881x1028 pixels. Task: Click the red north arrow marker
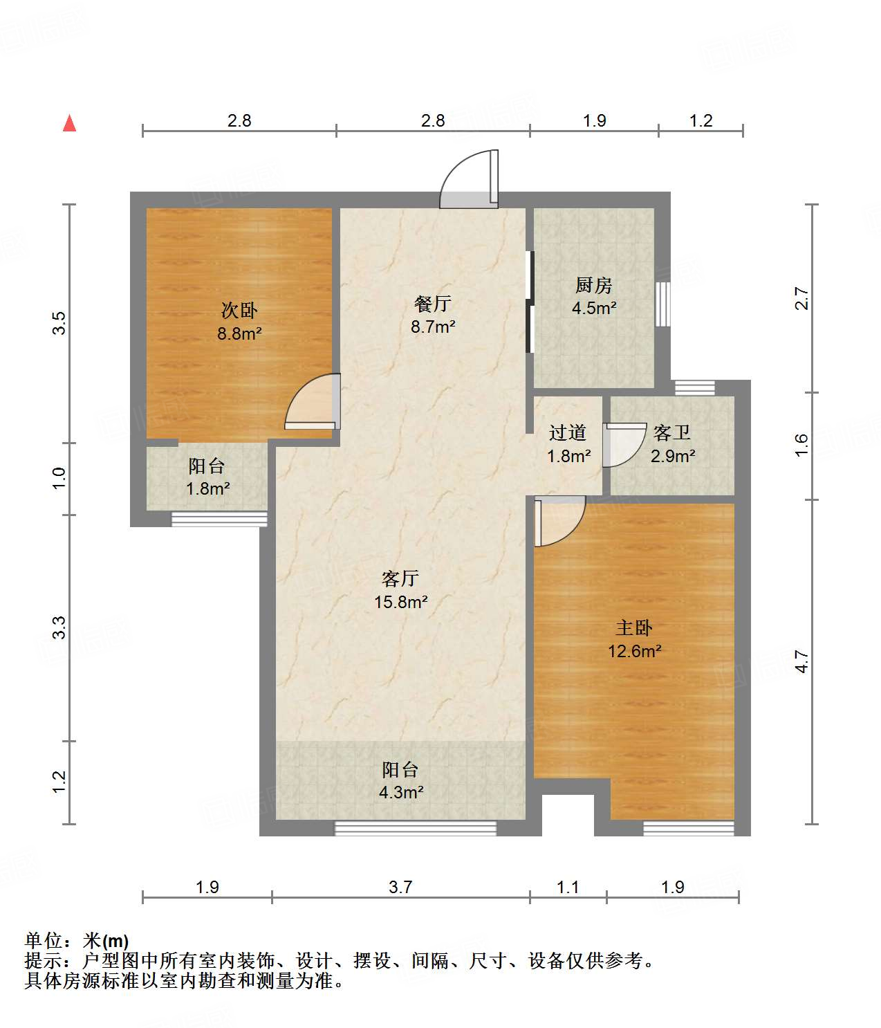(x=69, y=123)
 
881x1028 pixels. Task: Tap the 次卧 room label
(x=239, y=310)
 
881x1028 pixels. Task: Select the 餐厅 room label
(x=433, y=303)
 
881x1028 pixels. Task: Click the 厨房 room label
(x=594, y=285)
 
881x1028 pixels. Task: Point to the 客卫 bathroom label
(x=672, y=433)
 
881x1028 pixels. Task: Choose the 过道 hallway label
(x=568, y=433)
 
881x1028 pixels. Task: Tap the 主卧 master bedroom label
(x=634, y=628)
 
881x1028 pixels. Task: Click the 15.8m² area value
(x=401, y=602)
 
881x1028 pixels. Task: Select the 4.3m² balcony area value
(x=401, y=792)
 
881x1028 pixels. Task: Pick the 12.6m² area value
(x=635, y=651)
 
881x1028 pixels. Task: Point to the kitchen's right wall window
(x=663, y=304)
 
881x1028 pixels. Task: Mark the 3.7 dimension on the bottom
(x=400, y=887)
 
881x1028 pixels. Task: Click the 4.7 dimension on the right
(x=801, y=661)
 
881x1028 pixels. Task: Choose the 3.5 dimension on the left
(x=59, y=323)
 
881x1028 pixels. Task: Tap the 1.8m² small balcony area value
(x=207, y=489)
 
